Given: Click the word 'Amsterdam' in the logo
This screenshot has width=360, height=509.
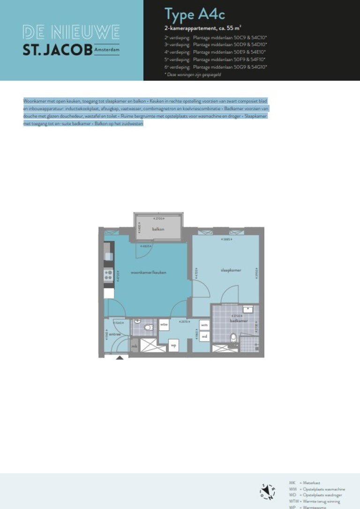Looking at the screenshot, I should click(x=106, y=49).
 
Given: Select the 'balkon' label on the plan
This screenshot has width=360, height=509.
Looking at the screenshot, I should click(x=157, y=229).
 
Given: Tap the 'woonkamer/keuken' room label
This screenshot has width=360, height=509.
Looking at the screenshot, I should click(x=149, y=272).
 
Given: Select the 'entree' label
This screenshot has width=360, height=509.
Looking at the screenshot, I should click(x=116, y=334).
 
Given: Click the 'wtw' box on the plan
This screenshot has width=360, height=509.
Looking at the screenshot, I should click(x=164, y=324).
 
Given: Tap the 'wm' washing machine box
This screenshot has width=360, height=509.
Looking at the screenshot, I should click(x=204, y=325).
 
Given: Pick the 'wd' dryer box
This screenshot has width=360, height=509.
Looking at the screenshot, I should click(x=204, y=336).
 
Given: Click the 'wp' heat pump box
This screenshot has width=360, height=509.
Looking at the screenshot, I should click(x=173, y=346).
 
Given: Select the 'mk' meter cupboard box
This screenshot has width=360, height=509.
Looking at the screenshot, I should click(x=135, y=346).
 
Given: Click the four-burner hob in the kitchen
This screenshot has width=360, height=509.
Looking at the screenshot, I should click(x=108, y=274).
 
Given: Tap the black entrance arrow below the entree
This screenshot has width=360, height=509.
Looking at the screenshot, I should click(x=120, y=357).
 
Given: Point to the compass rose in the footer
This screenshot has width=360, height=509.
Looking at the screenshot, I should click(x=268, y=491).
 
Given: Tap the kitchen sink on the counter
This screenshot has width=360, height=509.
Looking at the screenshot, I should click(x=109, y=256).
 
